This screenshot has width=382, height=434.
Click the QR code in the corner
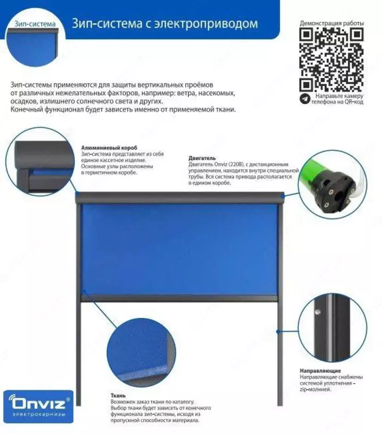pos(332,60)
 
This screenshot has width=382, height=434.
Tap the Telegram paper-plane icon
pos(305,99)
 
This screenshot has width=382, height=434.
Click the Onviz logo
pos(39,406)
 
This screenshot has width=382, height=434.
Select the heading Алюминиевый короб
pos(109,148)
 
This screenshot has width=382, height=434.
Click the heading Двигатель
pos(202,158)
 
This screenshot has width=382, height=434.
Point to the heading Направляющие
pos(320,371)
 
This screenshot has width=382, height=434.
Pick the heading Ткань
pos(118,396)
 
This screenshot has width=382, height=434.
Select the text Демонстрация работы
pos(332,23)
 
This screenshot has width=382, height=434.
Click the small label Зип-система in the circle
pos(35,24)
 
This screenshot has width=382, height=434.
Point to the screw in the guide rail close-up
pos(317,312)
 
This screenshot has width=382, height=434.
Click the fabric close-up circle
pos(142,353)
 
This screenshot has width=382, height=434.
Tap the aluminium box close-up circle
pos(41,162)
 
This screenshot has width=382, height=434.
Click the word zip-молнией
pos(316,390)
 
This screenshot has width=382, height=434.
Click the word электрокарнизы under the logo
pos(39,414)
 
